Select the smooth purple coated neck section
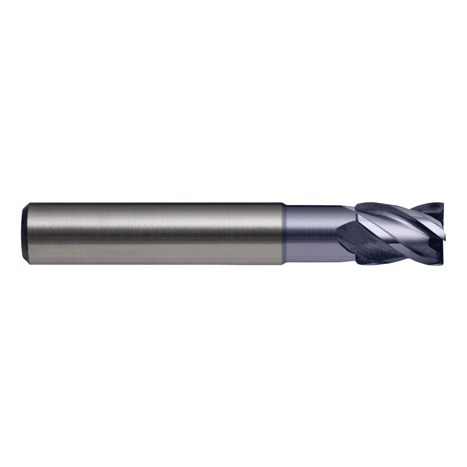[308, 233]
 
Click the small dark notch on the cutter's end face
[433, 242]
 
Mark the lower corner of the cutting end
[442, 263]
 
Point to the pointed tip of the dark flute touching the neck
[337, 229]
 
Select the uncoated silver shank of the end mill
[154, 233]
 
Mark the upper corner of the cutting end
[442, 204]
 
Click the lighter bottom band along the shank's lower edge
[154, 258]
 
